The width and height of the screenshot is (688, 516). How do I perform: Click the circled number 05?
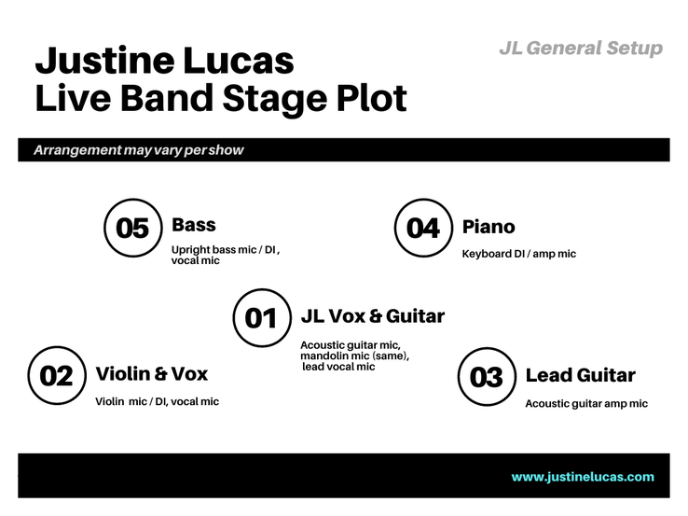pyautogui.click(x=133, y=228)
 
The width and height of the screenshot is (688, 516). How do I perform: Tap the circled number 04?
pyautogui.click(x=423, y=228)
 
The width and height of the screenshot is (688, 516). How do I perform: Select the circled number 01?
pyautogui.click(x=262, y=318)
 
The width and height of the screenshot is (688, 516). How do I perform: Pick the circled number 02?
pyautogui.click(x=57, y=375)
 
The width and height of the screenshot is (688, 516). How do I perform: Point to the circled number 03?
pyautogui.click(x=487, y=377)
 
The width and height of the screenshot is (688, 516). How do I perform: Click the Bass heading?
pyautogui.click(x=194, y=225)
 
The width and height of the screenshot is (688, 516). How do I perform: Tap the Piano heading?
pyautogui.click(x=488, y=227)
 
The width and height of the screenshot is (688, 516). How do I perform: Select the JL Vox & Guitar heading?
pyautogui.click(x=373, y=315)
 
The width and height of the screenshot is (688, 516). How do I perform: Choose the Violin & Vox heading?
pyautogui.click(x=152, y=374)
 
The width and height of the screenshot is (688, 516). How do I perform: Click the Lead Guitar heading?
pyautogui.click(x=581, y=375)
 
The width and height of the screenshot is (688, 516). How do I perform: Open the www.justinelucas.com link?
pyautogui.click(x=583, y=477)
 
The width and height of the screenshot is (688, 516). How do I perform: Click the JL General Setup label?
pyautogui.click(x=581, y=49)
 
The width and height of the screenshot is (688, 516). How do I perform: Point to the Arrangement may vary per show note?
pyautogui.click(x=139, y=150)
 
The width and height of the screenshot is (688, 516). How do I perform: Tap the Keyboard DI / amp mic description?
pyautogui.click(x=518, y=254)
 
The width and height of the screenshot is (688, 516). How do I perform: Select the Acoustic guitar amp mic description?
pyautogui.click(x=586, y=404)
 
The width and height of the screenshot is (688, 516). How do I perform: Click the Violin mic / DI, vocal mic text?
pyautogui.click(x=157, y=401)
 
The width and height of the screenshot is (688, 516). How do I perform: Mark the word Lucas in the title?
pyautogui.click(x=239, y=61)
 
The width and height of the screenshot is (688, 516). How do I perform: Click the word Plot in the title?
pyautogui.click(x=372, y=98)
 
